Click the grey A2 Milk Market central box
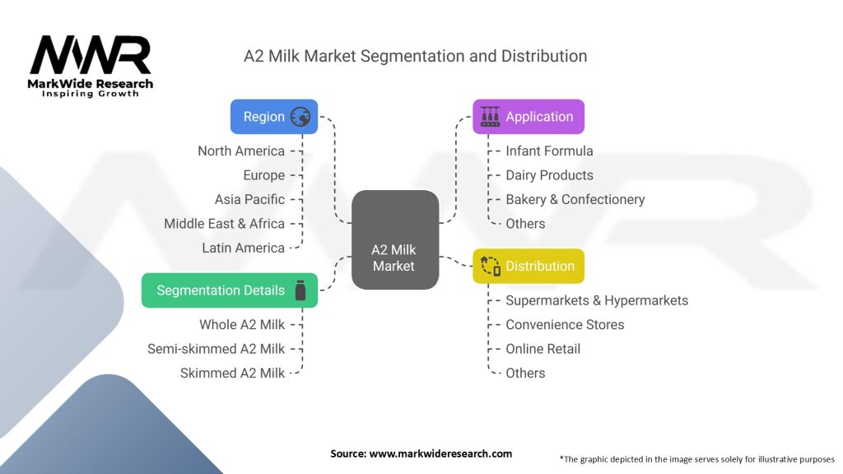coord(395,239)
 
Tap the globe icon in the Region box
coord(300,117)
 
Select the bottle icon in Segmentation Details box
coord(300,290)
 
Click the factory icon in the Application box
coord(490,117)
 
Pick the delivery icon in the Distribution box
coord(491,266)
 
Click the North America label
coord(241,151)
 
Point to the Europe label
coord(264,175)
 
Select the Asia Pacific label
coord(249,199)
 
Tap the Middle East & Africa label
coord(224,224)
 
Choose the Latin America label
coord(243,248)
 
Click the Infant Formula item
coord(549,151)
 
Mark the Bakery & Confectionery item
coord(575,199)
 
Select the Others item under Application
coord(525,224)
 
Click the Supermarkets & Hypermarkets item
coord(597,300)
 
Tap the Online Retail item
coord(543,349)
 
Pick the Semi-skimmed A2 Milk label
coord(217,349)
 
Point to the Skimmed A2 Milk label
coord(232,373)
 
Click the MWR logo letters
coord(91,54)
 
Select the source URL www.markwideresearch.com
coord(440,453)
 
